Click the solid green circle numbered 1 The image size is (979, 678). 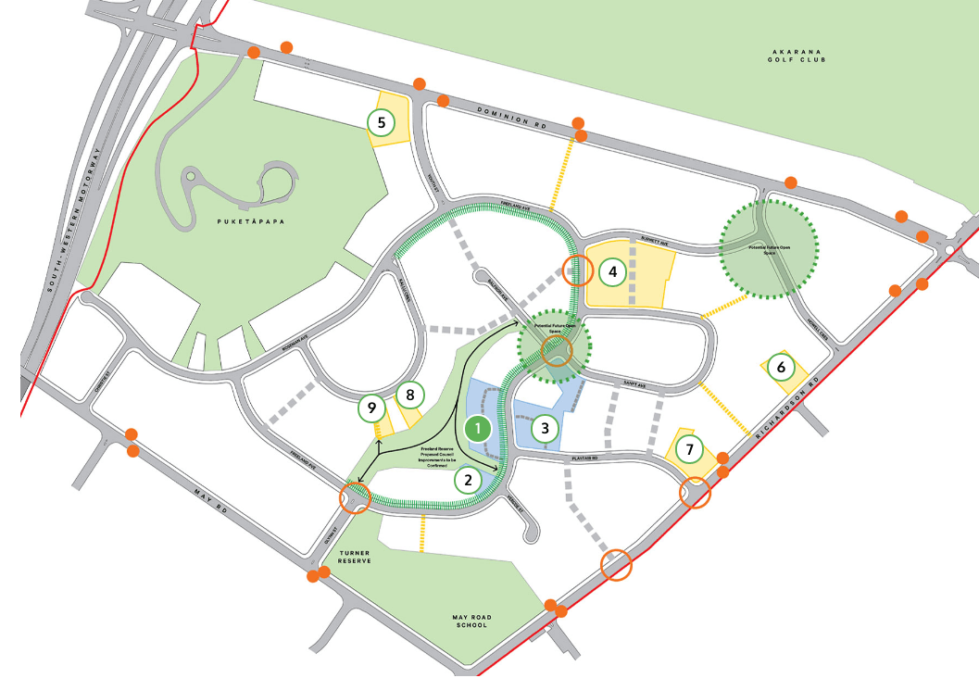point(477,429)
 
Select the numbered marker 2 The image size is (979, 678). point(468,480)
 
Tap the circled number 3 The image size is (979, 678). point(546,428)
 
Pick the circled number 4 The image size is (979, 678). point(611,272)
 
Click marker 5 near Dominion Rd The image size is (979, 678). point(381,121)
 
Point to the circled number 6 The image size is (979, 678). point(781,368)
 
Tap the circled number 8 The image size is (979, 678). point(408,395)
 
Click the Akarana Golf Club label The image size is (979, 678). point(797,56)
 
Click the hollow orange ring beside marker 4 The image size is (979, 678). point(577,271)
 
